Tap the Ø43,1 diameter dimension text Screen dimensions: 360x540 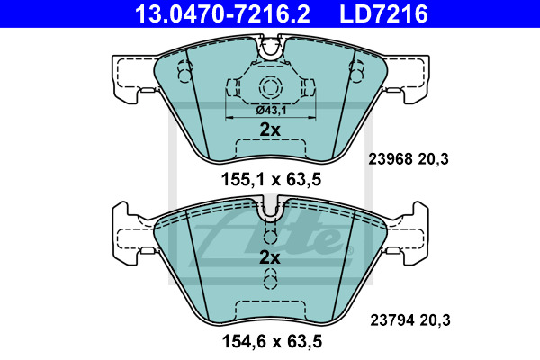tap(271, 109)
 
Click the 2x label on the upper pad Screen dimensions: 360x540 tap(270, 130)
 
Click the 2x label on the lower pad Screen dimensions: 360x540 tap(270, 257)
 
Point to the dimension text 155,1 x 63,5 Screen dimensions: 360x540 tap(271, 179)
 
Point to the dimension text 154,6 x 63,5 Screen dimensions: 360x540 tap(271, 341)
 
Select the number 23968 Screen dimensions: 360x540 tap(390, 159)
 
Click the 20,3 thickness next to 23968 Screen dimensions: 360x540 tap(435, 159)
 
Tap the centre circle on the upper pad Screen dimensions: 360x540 tap(271, 87)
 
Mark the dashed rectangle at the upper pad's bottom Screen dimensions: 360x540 tap(271, 149)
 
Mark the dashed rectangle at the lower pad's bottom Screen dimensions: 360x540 tap(271, 309)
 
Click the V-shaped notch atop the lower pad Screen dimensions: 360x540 tap(271, 213)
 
